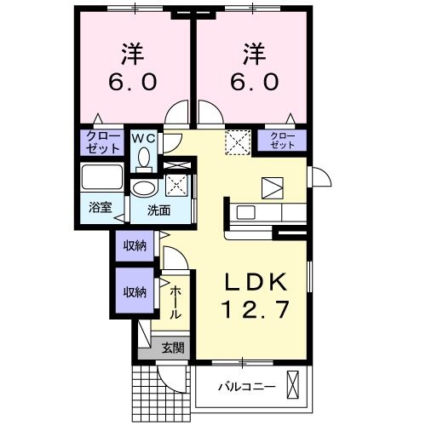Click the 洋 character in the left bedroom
[131, 54]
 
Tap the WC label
[143, 136]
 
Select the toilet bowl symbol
[143, 158]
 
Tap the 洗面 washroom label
[156, 210]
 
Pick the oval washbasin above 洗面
[144, 188]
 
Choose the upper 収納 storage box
[135, 246]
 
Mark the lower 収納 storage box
[135, 291]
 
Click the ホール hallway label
[175, 302]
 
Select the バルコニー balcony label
[245, 388]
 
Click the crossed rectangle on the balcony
[294, 386]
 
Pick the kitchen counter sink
[245, 211]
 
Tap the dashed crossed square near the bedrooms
[236, 141]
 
